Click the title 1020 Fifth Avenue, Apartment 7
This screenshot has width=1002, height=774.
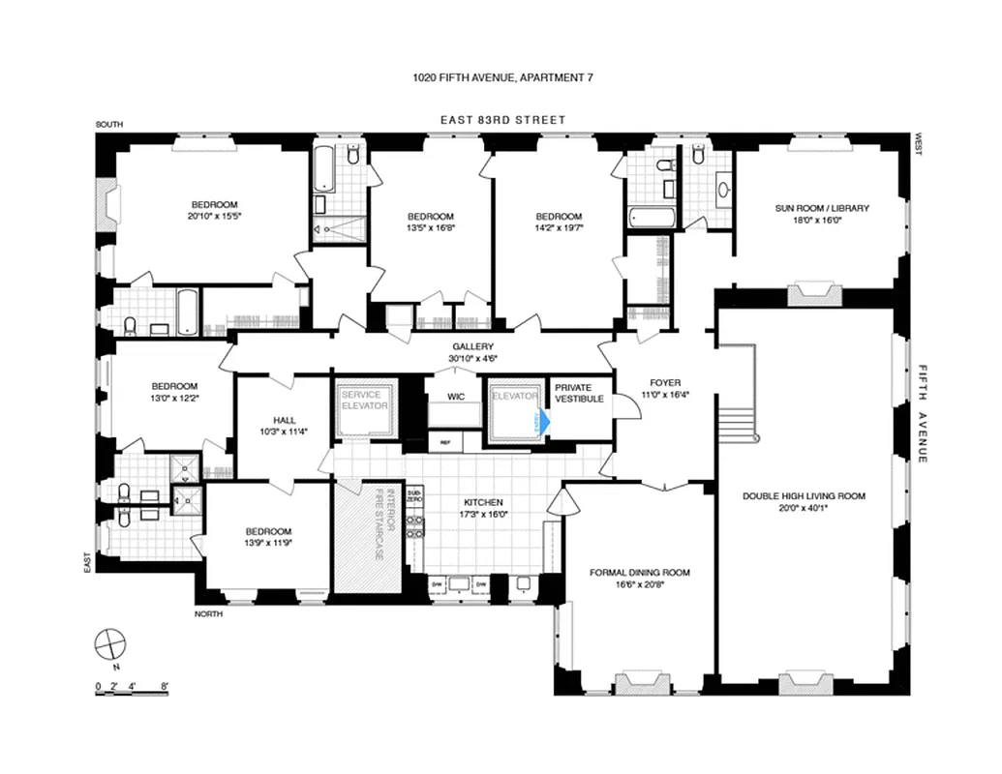coord(501,78)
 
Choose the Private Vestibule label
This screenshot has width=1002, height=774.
coord(579,393)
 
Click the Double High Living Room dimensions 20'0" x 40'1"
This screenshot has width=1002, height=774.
coord(804,508)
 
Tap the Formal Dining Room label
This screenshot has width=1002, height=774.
coord(640,573)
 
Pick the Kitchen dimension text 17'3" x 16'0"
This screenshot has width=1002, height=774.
coord(483,515)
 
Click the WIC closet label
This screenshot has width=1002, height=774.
coord(456,397)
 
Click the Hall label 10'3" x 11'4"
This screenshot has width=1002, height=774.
coord(285,432)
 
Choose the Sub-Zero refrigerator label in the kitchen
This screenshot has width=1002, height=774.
coord(414,496)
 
